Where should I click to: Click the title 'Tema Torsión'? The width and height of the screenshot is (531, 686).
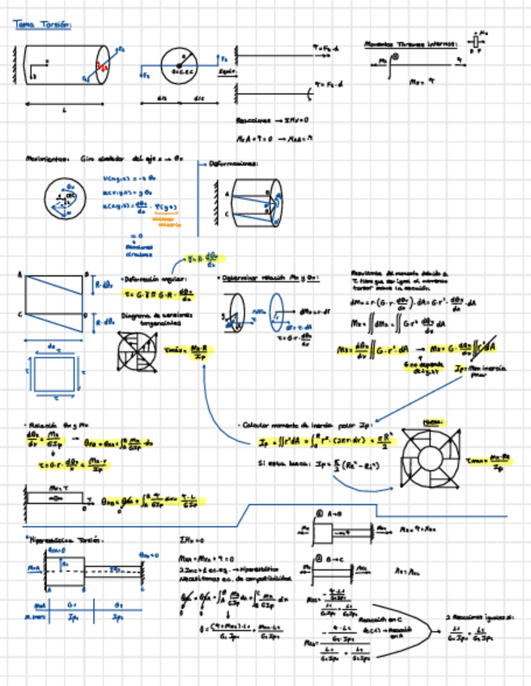tap(42, 25)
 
